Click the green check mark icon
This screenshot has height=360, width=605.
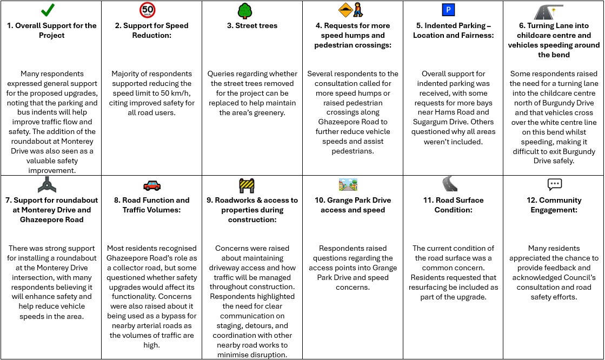click(x=49, y=10)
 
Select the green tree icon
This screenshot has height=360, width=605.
click(x=244, y=10)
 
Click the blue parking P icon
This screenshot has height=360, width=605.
click(x=448, y=10)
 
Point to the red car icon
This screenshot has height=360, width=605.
click(x=152, y=185)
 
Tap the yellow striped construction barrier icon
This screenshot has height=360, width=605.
click(x=247, y=185)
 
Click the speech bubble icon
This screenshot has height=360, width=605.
click(x=555, y=184)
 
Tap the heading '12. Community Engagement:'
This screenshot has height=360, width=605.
click(x=554, y=205)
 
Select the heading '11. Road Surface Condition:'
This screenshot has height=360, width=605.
click(x=453, y=205)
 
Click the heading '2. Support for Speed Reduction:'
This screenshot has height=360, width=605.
click(x=151, y=30)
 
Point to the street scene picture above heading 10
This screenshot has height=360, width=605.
click(x=348, y=185)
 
